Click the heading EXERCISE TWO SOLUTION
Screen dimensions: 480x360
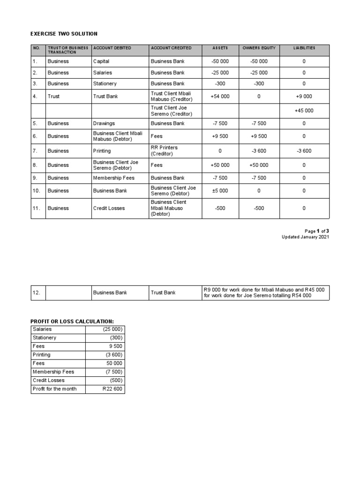point(64,34)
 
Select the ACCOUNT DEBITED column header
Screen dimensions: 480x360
point(112,48)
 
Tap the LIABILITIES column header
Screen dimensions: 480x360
point(304,48)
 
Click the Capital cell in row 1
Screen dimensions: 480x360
point(101,61)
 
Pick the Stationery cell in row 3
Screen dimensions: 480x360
point(105,84)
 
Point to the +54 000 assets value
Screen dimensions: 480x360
point(220,97)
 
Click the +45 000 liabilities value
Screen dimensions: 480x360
point(304,111)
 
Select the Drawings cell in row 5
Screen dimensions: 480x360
point(104,124)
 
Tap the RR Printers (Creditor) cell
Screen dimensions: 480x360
point(164,150)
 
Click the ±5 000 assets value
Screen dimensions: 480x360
point(220,191)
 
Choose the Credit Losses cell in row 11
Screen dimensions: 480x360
point(109,208)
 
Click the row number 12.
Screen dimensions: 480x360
point(37,293)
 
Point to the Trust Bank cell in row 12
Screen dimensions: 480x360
point(163,293)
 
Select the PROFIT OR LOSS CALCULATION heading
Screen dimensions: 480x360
point(72,321)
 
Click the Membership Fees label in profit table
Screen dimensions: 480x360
point(53,372)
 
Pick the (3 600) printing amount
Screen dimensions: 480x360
point(114,355)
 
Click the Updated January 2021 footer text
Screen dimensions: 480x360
point(305,237)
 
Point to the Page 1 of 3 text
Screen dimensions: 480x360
point(317,231)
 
